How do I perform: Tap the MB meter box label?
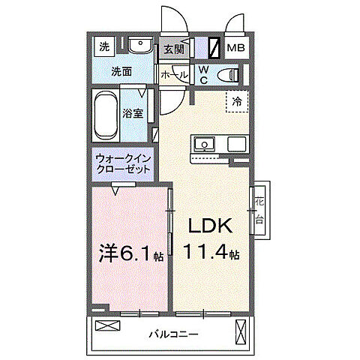click(236, 49)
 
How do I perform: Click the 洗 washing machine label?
click(104, 46)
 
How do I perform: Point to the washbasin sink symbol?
click(139, 46)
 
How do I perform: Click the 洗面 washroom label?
click(121, 72)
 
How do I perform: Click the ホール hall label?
click(174, 75)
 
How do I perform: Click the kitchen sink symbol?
click(204, 143)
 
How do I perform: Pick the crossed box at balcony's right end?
click(241, 330)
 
